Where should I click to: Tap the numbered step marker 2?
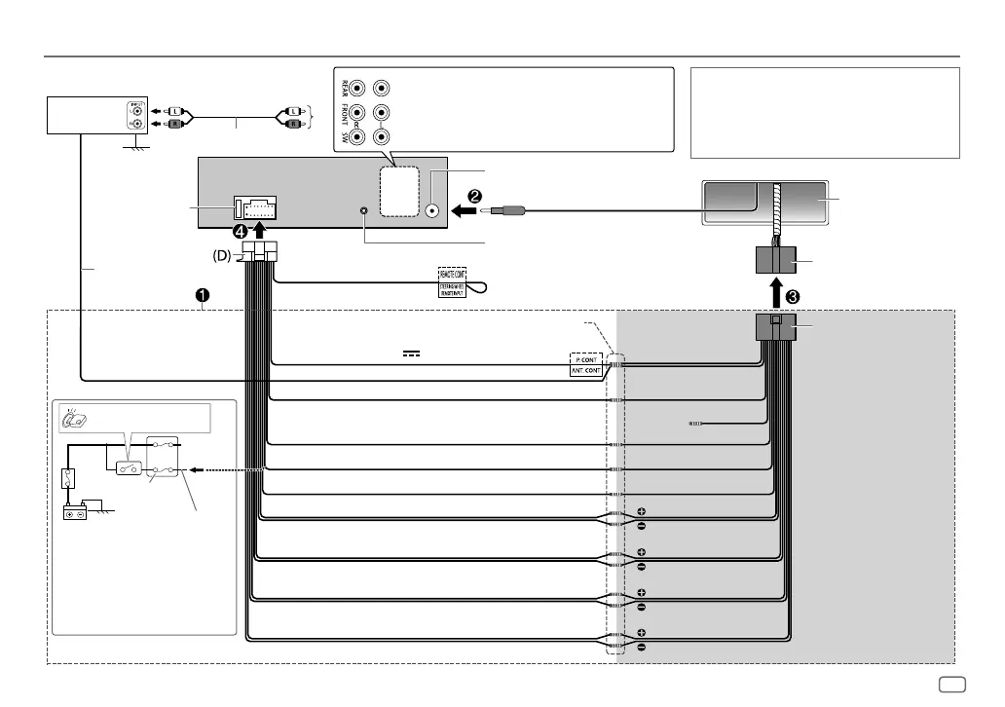tap(475, 195)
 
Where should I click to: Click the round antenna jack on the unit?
tap(433, 209)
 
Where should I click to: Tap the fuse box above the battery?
tap(68, 479)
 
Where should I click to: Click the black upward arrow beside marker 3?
tap(774, 290)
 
